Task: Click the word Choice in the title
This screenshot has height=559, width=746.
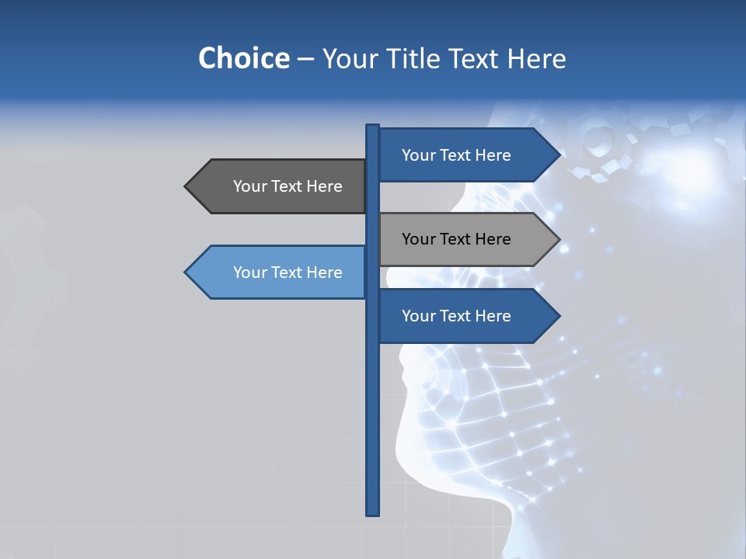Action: [243, 58]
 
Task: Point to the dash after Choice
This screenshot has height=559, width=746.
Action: [305, 59]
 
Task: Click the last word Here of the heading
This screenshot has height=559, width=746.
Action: [536, 58]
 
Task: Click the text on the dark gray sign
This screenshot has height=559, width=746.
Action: [288, 186]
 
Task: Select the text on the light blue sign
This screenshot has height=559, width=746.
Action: [288, 273]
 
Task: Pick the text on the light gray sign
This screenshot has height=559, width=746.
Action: [456, 239]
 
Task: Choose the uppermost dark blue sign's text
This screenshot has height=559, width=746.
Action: [456, 155]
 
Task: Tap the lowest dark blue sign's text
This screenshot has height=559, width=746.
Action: [456, 316]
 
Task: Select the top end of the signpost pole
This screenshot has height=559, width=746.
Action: [373, 127]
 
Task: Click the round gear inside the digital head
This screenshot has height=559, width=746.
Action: [598, 140]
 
